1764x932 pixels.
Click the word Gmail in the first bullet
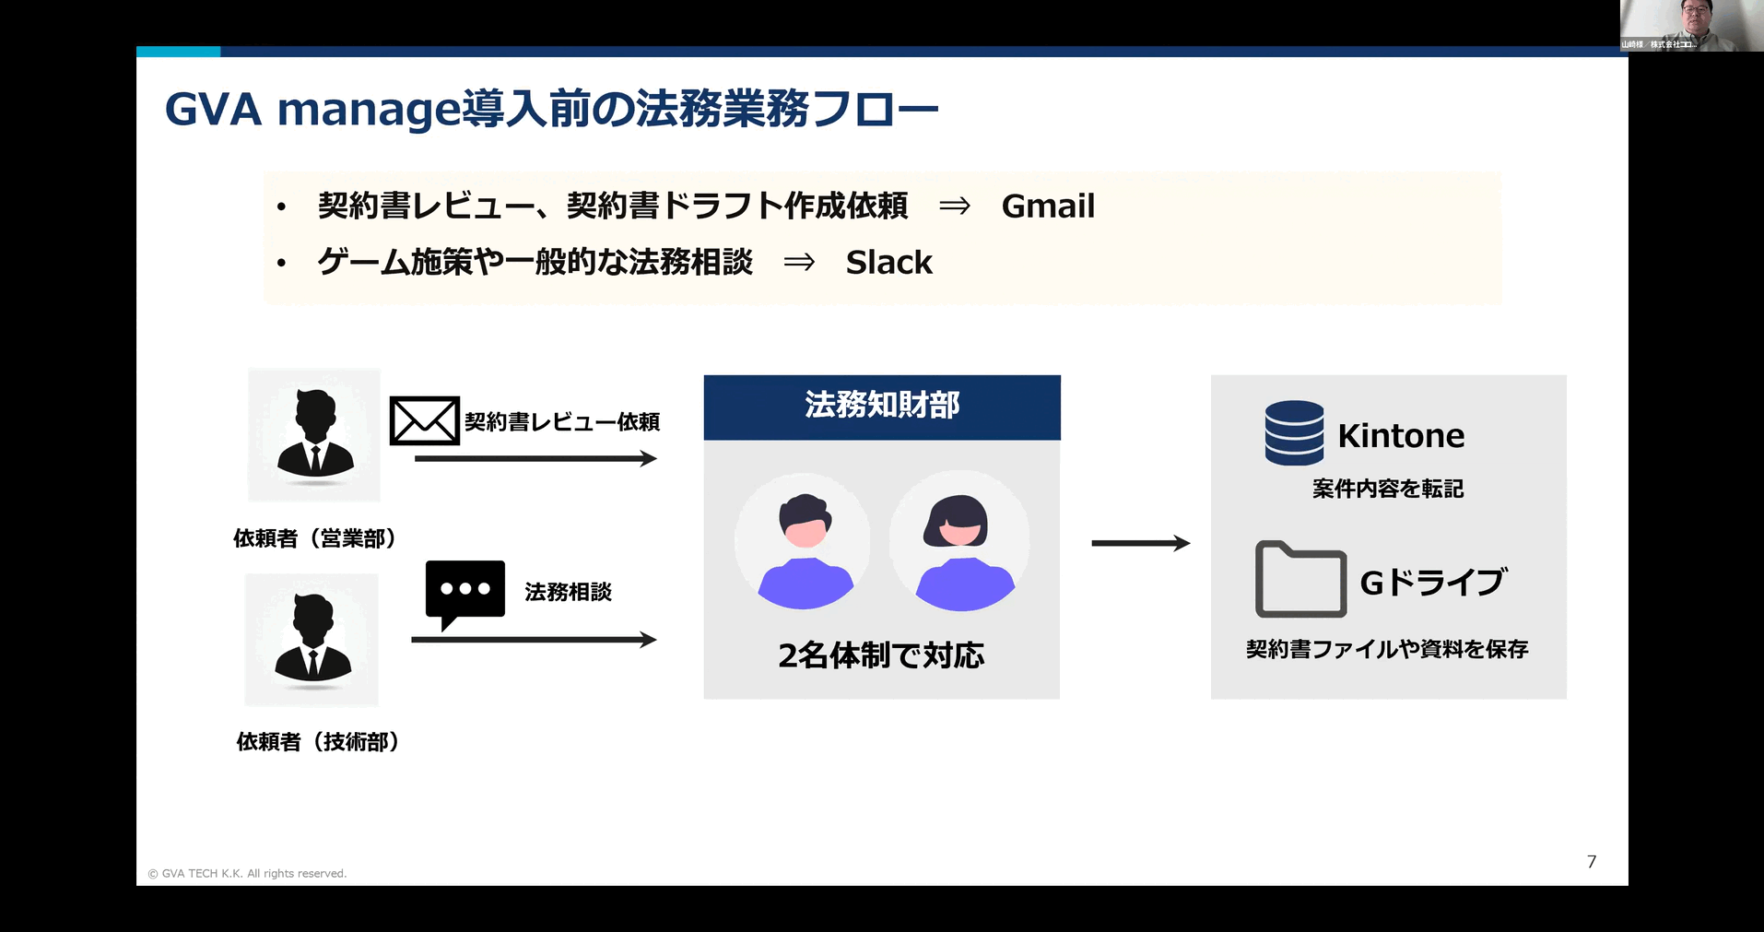pyautogui.click(x=1048, y=206)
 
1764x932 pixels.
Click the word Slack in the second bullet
pyautogui.click(x=888, y=263)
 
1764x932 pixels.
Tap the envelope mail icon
pyautogui.click(x=424, y=421)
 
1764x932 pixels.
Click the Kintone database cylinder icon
pyautogui.click(x=1294, y=432)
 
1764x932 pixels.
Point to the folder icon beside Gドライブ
pyautogui.click(x=1300, y=580)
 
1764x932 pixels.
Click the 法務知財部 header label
pyautogui.click(x=882, y=406)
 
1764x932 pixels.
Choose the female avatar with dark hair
pyautogui.click(x=959, y=542)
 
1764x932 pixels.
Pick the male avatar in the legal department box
pyautogui.click(x=804, y=544)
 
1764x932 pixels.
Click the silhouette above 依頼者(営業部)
pyautogui.click(x=314, y=435)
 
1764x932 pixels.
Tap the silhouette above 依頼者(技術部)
pyautogui.click(x=312, y=639)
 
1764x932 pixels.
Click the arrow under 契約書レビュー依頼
pyautogui.click(x=535, y=458)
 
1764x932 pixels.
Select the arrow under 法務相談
pyautogui.click(x=533, y=639)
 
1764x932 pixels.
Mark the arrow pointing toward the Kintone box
pyautogui.click(x=1140, y=543)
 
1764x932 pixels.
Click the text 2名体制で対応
pyautogui.click(x=881, y=655)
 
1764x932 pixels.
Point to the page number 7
pyautogui.click(x=1592, y=862)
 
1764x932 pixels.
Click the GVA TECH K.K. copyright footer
pyautogui.click(x=247, y=873)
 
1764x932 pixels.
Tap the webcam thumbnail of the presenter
pyautogui.click(x=1691, y=25)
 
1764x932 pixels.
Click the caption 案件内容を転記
pyautogui.click(x=1388, y=489)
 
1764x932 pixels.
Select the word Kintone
pyautogui.click(x=1401, y=436)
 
